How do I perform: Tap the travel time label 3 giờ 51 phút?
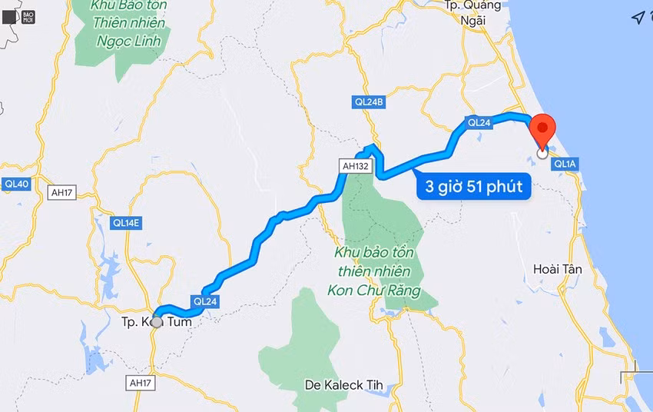tap(473, 186)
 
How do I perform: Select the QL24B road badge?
tap(369, 101)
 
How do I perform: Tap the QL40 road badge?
tap(16, 184)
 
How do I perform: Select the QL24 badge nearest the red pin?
tap(479, 122)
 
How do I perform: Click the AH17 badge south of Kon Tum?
tap(141, 382)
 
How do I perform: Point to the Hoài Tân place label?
tap(557, 269)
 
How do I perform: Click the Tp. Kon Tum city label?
tap(156, 323)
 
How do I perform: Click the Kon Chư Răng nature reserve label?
tap(374, 271)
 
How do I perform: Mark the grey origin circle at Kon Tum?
tap(157, 322)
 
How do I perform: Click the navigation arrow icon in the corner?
tap(637, 18)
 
